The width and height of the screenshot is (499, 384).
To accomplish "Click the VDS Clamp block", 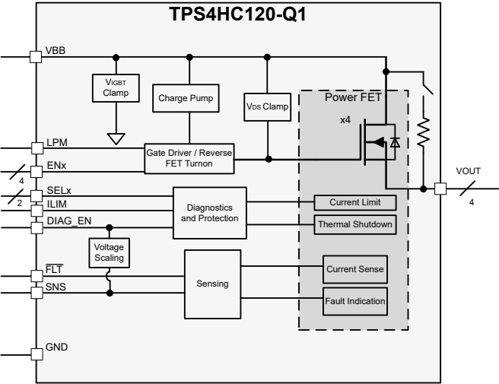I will (268, 106).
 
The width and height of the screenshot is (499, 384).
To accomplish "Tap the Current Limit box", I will (356, 202).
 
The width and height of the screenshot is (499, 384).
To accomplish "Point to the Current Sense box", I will (356, 269).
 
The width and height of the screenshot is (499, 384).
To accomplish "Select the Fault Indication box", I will (356, 301).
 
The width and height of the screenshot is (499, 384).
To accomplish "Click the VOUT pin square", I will (440, 188).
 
